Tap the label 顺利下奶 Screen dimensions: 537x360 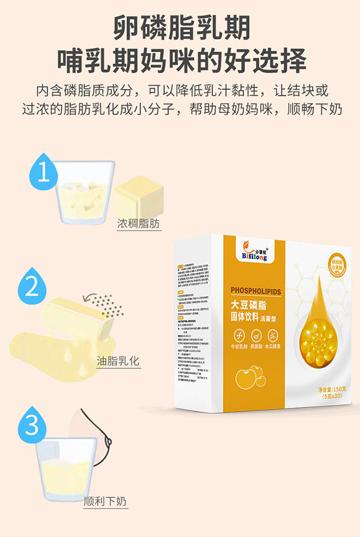coord(106,501)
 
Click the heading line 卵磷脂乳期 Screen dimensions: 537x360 coord(181,28)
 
